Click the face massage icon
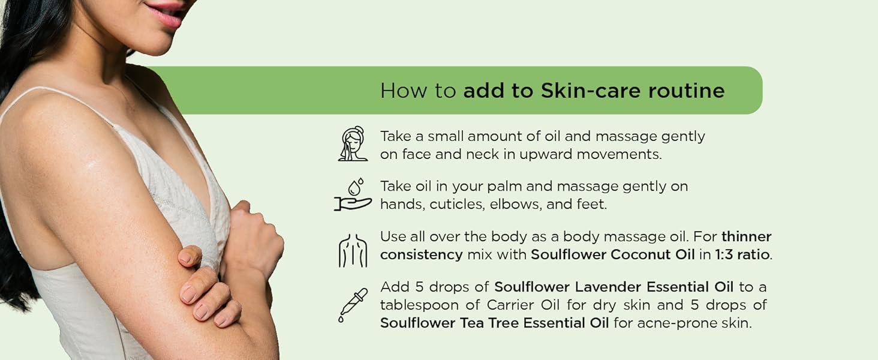click(x=352, y=144)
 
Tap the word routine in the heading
click(x=686, y=91)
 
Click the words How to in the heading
click(x=418, y=91)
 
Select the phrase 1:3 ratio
click(x=742, y=254)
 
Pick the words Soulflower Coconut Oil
click(x=612, y=254)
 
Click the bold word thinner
click(x=746, y=236)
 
